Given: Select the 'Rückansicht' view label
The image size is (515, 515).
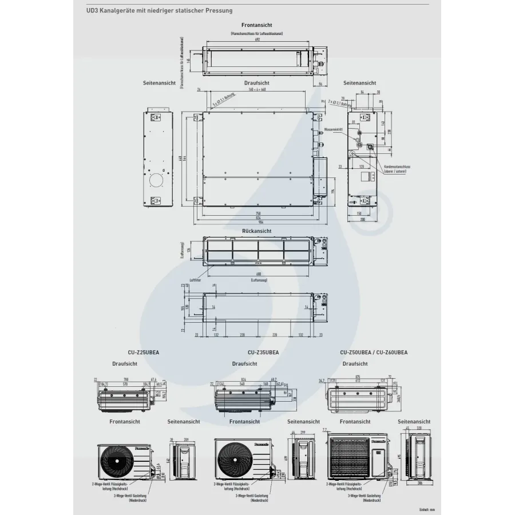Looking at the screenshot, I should pos(256,231).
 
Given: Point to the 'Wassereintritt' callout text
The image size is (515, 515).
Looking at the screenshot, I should pos(333,130).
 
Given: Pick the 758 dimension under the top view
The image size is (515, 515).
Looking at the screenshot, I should pos(257,213).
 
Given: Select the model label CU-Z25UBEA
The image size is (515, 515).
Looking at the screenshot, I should pos(144,353).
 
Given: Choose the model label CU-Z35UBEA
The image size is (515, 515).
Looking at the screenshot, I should pos(263,353).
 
